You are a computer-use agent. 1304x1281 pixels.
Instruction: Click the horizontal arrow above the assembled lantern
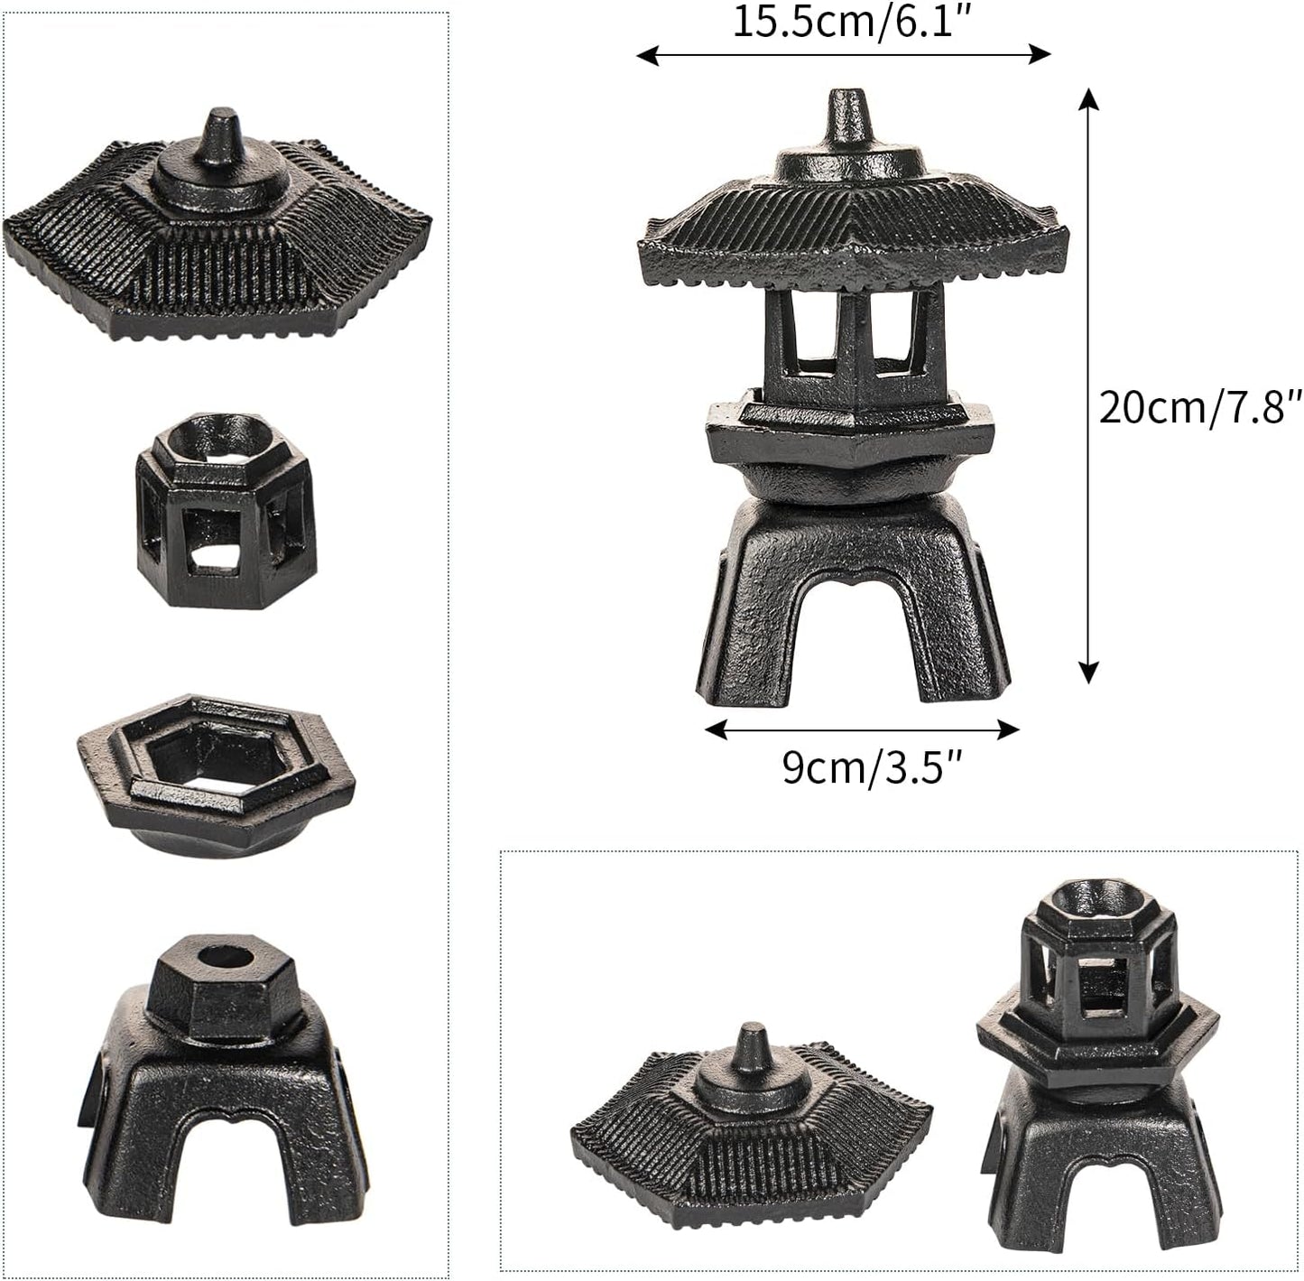[844, 56]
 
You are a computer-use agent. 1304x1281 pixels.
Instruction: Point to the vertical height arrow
[1089, 384]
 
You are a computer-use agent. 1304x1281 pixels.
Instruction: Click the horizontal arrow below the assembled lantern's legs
[861, 729]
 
